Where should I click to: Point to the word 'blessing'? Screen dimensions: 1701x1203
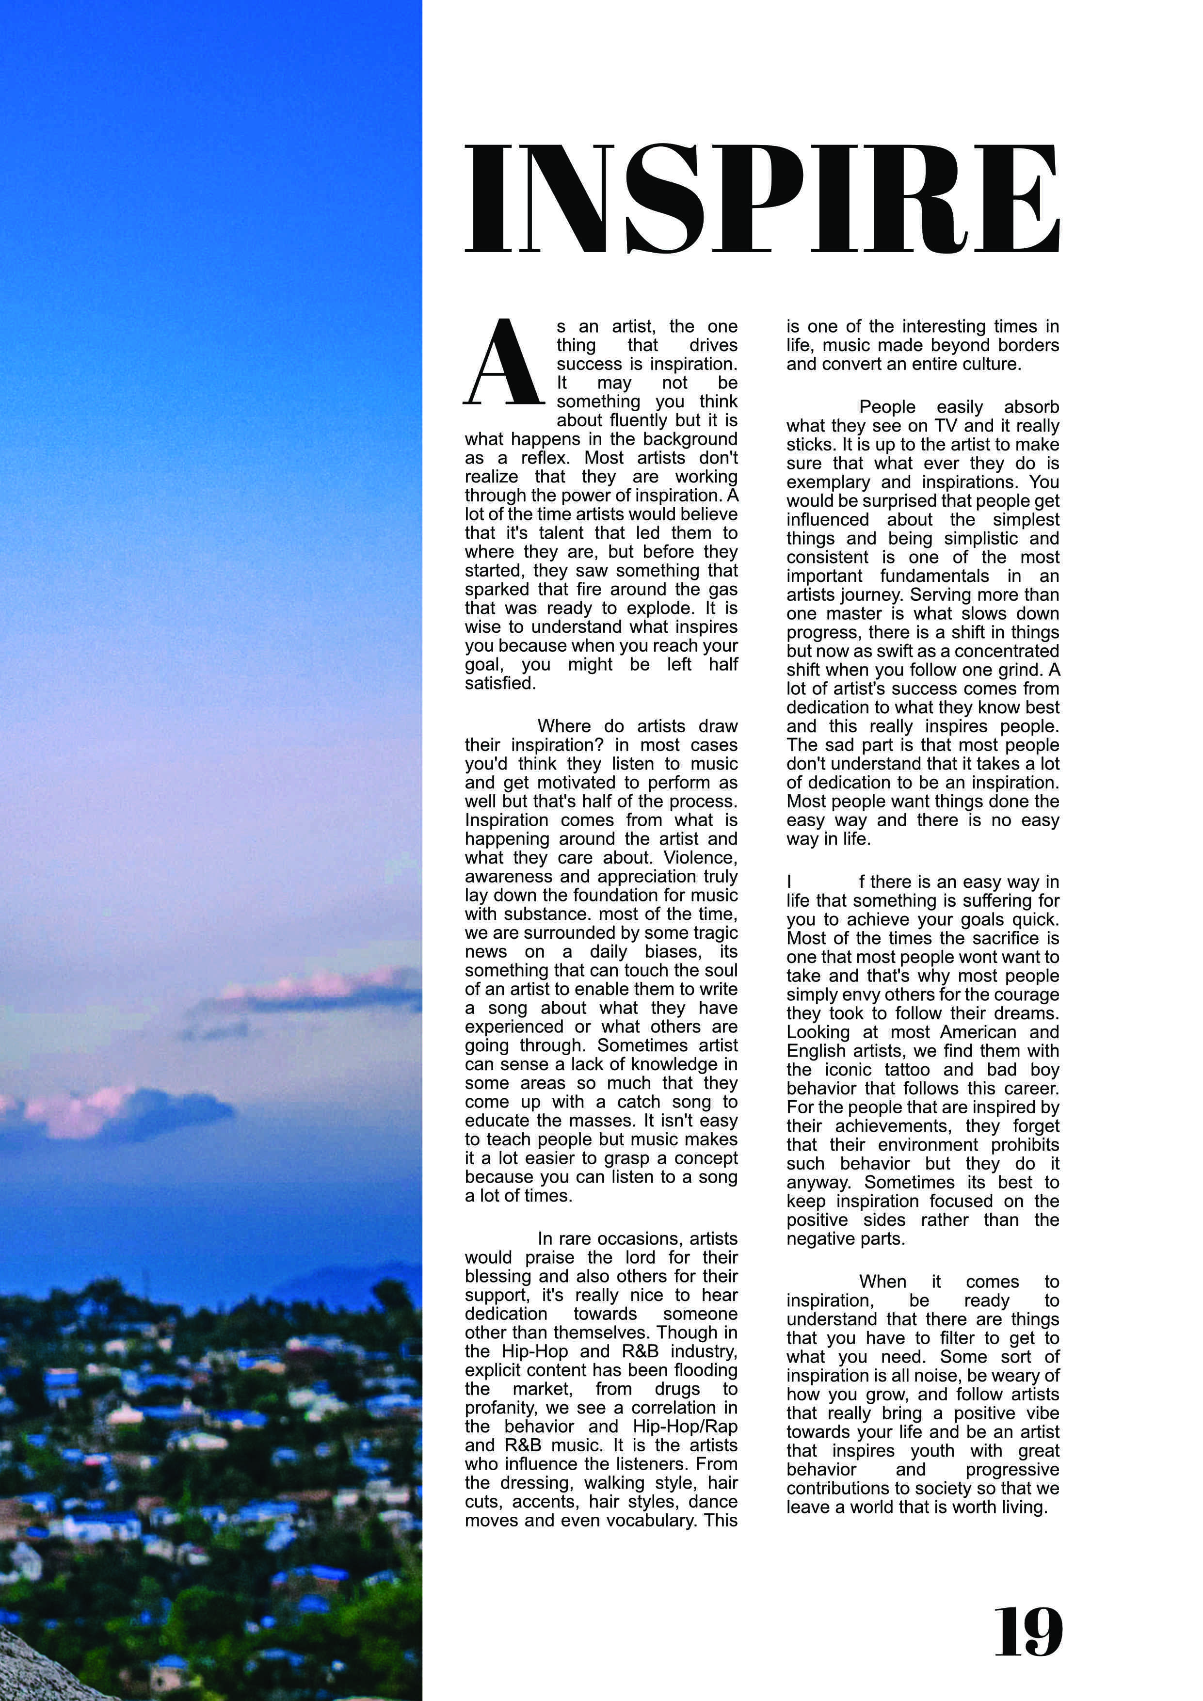click(497, 1277)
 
